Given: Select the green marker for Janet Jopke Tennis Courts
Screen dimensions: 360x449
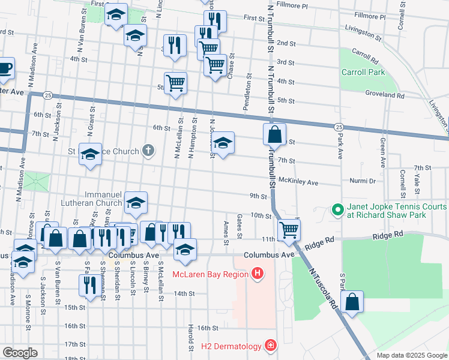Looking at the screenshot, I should pos(337,211).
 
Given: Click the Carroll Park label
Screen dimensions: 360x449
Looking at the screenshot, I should pos(363,72).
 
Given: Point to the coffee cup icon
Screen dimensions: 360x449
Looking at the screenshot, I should pos(5,68).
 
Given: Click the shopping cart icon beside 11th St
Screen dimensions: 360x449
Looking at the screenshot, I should pos(289,229).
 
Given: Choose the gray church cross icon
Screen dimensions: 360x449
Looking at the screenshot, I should pos(148,151).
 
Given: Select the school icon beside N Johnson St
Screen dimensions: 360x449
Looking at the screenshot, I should pos(223,143).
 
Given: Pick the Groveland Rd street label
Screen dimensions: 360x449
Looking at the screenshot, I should pos(385,95).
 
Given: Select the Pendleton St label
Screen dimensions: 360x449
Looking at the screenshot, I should pos(246,92).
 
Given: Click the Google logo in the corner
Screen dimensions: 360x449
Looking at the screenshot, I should pos(20,352).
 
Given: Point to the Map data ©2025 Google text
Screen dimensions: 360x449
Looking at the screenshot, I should pos(411,355).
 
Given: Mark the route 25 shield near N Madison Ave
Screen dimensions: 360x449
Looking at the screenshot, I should pos(48,95).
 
